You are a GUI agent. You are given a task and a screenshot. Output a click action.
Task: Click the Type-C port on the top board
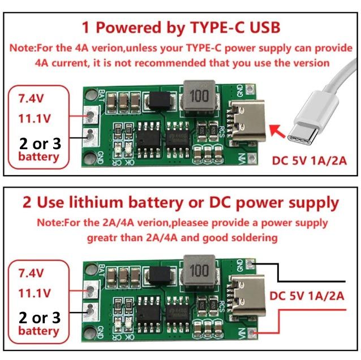click(248, 119)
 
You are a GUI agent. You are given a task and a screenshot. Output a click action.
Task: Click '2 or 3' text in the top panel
click(40, 142)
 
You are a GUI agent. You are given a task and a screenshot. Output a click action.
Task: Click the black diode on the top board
click(158, 102)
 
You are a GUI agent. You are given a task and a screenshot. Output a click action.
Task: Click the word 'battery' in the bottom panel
click(38, 331)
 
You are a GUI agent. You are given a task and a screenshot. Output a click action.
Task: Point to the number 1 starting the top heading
click(86, 27)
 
